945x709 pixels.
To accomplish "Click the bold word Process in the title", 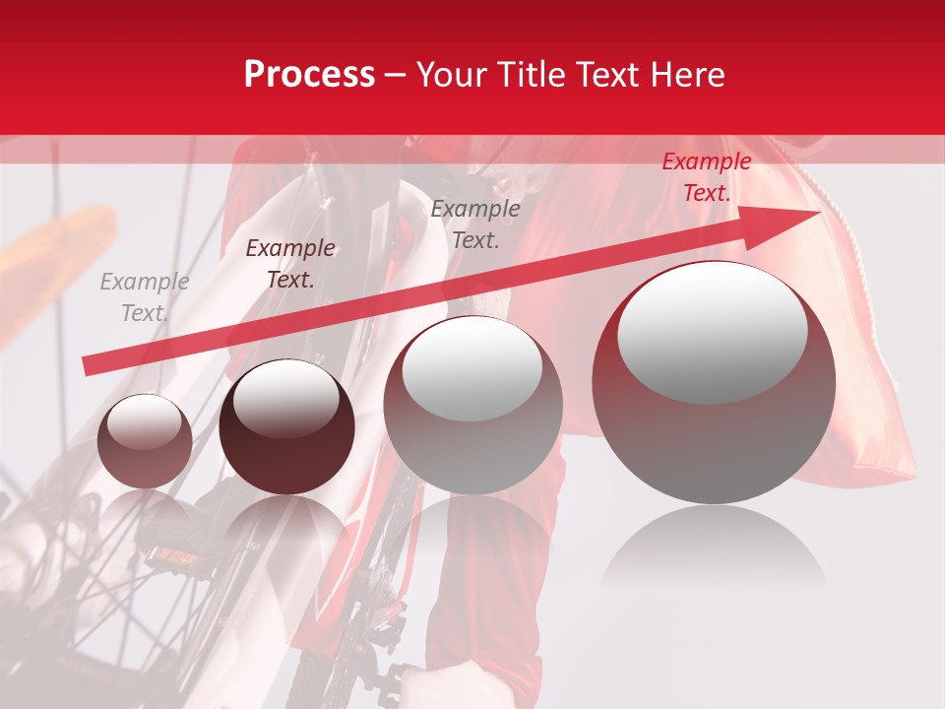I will tap(309, 75).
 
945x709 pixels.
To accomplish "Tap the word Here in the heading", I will tap(685, 75).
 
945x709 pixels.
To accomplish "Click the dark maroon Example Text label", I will tap(289, 264).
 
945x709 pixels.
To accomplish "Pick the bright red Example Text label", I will tap(706, 177).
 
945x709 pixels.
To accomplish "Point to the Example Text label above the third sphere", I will tap(474, 224).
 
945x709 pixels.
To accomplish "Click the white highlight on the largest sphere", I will tap(712, 332).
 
